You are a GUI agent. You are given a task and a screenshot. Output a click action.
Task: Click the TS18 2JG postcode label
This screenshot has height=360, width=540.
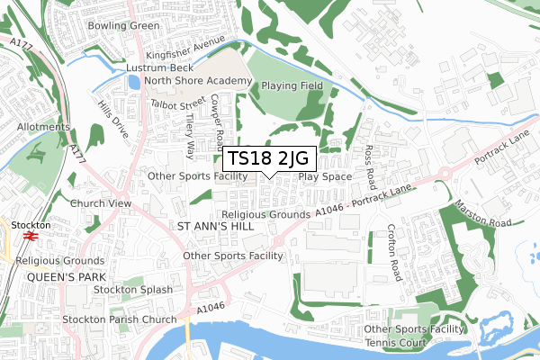pos(270,159)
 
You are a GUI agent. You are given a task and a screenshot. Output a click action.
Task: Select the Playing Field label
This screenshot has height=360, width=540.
pos(292,85)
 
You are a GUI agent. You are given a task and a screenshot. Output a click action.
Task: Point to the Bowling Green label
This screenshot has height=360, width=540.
pos(123,25)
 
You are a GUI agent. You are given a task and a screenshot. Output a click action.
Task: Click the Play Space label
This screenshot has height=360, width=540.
pos(325,176)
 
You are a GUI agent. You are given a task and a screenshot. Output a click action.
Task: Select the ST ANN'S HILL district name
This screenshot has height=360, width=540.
pos(216,226)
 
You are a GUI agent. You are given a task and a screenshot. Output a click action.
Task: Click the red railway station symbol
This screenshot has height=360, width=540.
pos(29,237)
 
